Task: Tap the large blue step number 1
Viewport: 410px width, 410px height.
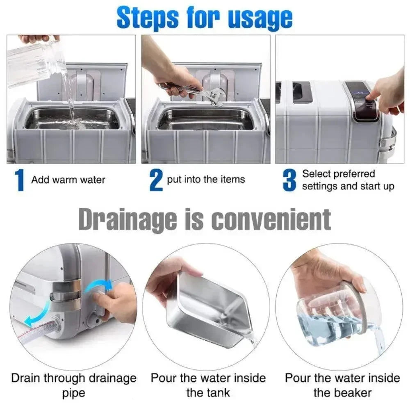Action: (19, 180)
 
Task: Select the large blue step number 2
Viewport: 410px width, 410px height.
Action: (156, 180)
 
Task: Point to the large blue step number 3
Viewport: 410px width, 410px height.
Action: (289, 180)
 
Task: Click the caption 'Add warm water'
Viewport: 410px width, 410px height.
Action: (68, 180)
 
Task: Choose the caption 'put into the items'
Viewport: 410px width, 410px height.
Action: (206, 180)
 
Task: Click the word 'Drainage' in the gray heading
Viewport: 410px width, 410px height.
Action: (128, 220)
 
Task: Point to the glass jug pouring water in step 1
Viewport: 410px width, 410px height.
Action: (35, 62)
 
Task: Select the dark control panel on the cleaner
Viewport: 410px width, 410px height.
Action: (362, 101)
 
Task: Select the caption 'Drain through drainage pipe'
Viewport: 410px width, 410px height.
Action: (74, 385)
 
